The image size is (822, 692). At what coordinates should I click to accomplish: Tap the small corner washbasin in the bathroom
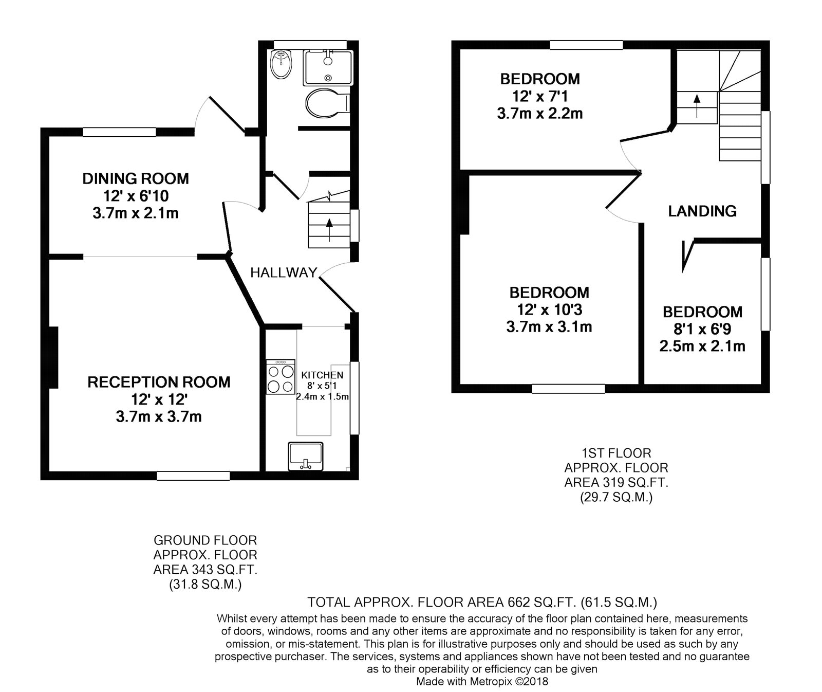(x=281, y=63)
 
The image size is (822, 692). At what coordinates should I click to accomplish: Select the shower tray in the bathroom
(x=328, y=67)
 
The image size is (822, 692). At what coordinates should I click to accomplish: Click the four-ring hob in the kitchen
(x=281, y=377)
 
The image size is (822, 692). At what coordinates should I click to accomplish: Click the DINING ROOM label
(x=136, y=178)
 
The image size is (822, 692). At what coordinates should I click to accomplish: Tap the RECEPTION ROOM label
(x=159, y=382)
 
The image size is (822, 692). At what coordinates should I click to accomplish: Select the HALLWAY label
(x=284, y=272)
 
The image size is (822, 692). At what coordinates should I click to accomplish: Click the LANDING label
(x=702, y=211)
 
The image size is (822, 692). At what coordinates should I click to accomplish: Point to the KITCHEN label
(x=322, y=375)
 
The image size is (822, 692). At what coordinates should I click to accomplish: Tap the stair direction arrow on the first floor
(x=697, y=105)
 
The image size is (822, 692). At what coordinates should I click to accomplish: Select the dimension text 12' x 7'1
(x=540, y=96)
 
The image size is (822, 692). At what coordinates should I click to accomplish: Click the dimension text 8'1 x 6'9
(x=702, y=329)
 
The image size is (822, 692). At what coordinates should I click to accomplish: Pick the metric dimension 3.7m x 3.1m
(x=549, y=326)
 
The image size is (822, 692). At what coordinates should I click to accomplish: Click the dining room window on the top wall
(x=119, y=132)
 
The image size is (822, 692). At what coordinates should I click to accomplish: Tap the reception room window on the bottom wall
(x=193, y=476)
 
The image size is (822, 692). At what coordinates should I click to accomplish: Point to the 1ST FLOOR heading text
(x=616, y=453)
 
